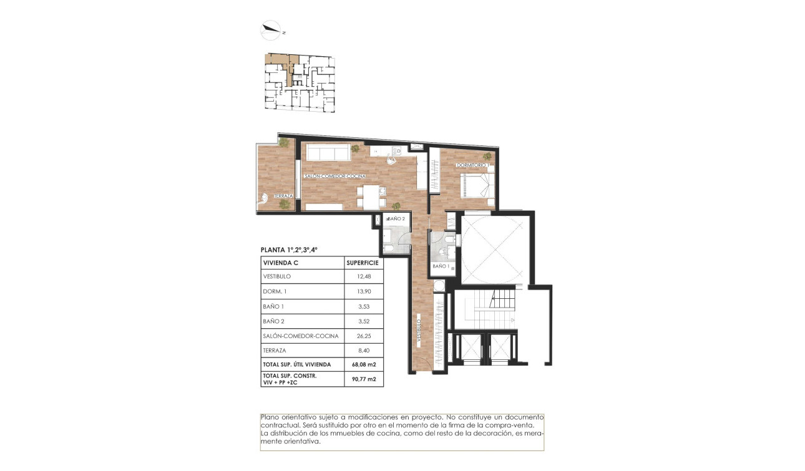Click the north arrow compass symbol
(x=270, y=27)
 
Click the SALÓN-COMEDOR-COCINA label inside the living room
(x=330, y=177)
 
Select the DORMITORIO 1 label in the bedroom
(x=472, y=165)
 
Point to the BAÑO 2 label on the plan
(x=397, y=219)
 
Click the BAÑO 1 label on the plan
(x=441, y=266)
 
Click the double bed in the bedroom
(x=478, y=185)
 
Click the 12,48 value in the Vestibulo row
(x=363, y=276)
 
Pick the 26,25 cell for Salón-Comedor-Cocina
(x=363, y=336)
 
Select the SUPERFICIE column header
(x=363, y=263)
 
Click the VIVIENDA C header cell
(x=281, y=263)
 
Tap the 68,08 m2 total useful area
(x=363, y=364)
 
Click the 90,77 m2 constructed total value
(x=363, y=379)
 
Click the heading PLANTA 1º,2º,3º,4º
(x=289, y=250)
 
